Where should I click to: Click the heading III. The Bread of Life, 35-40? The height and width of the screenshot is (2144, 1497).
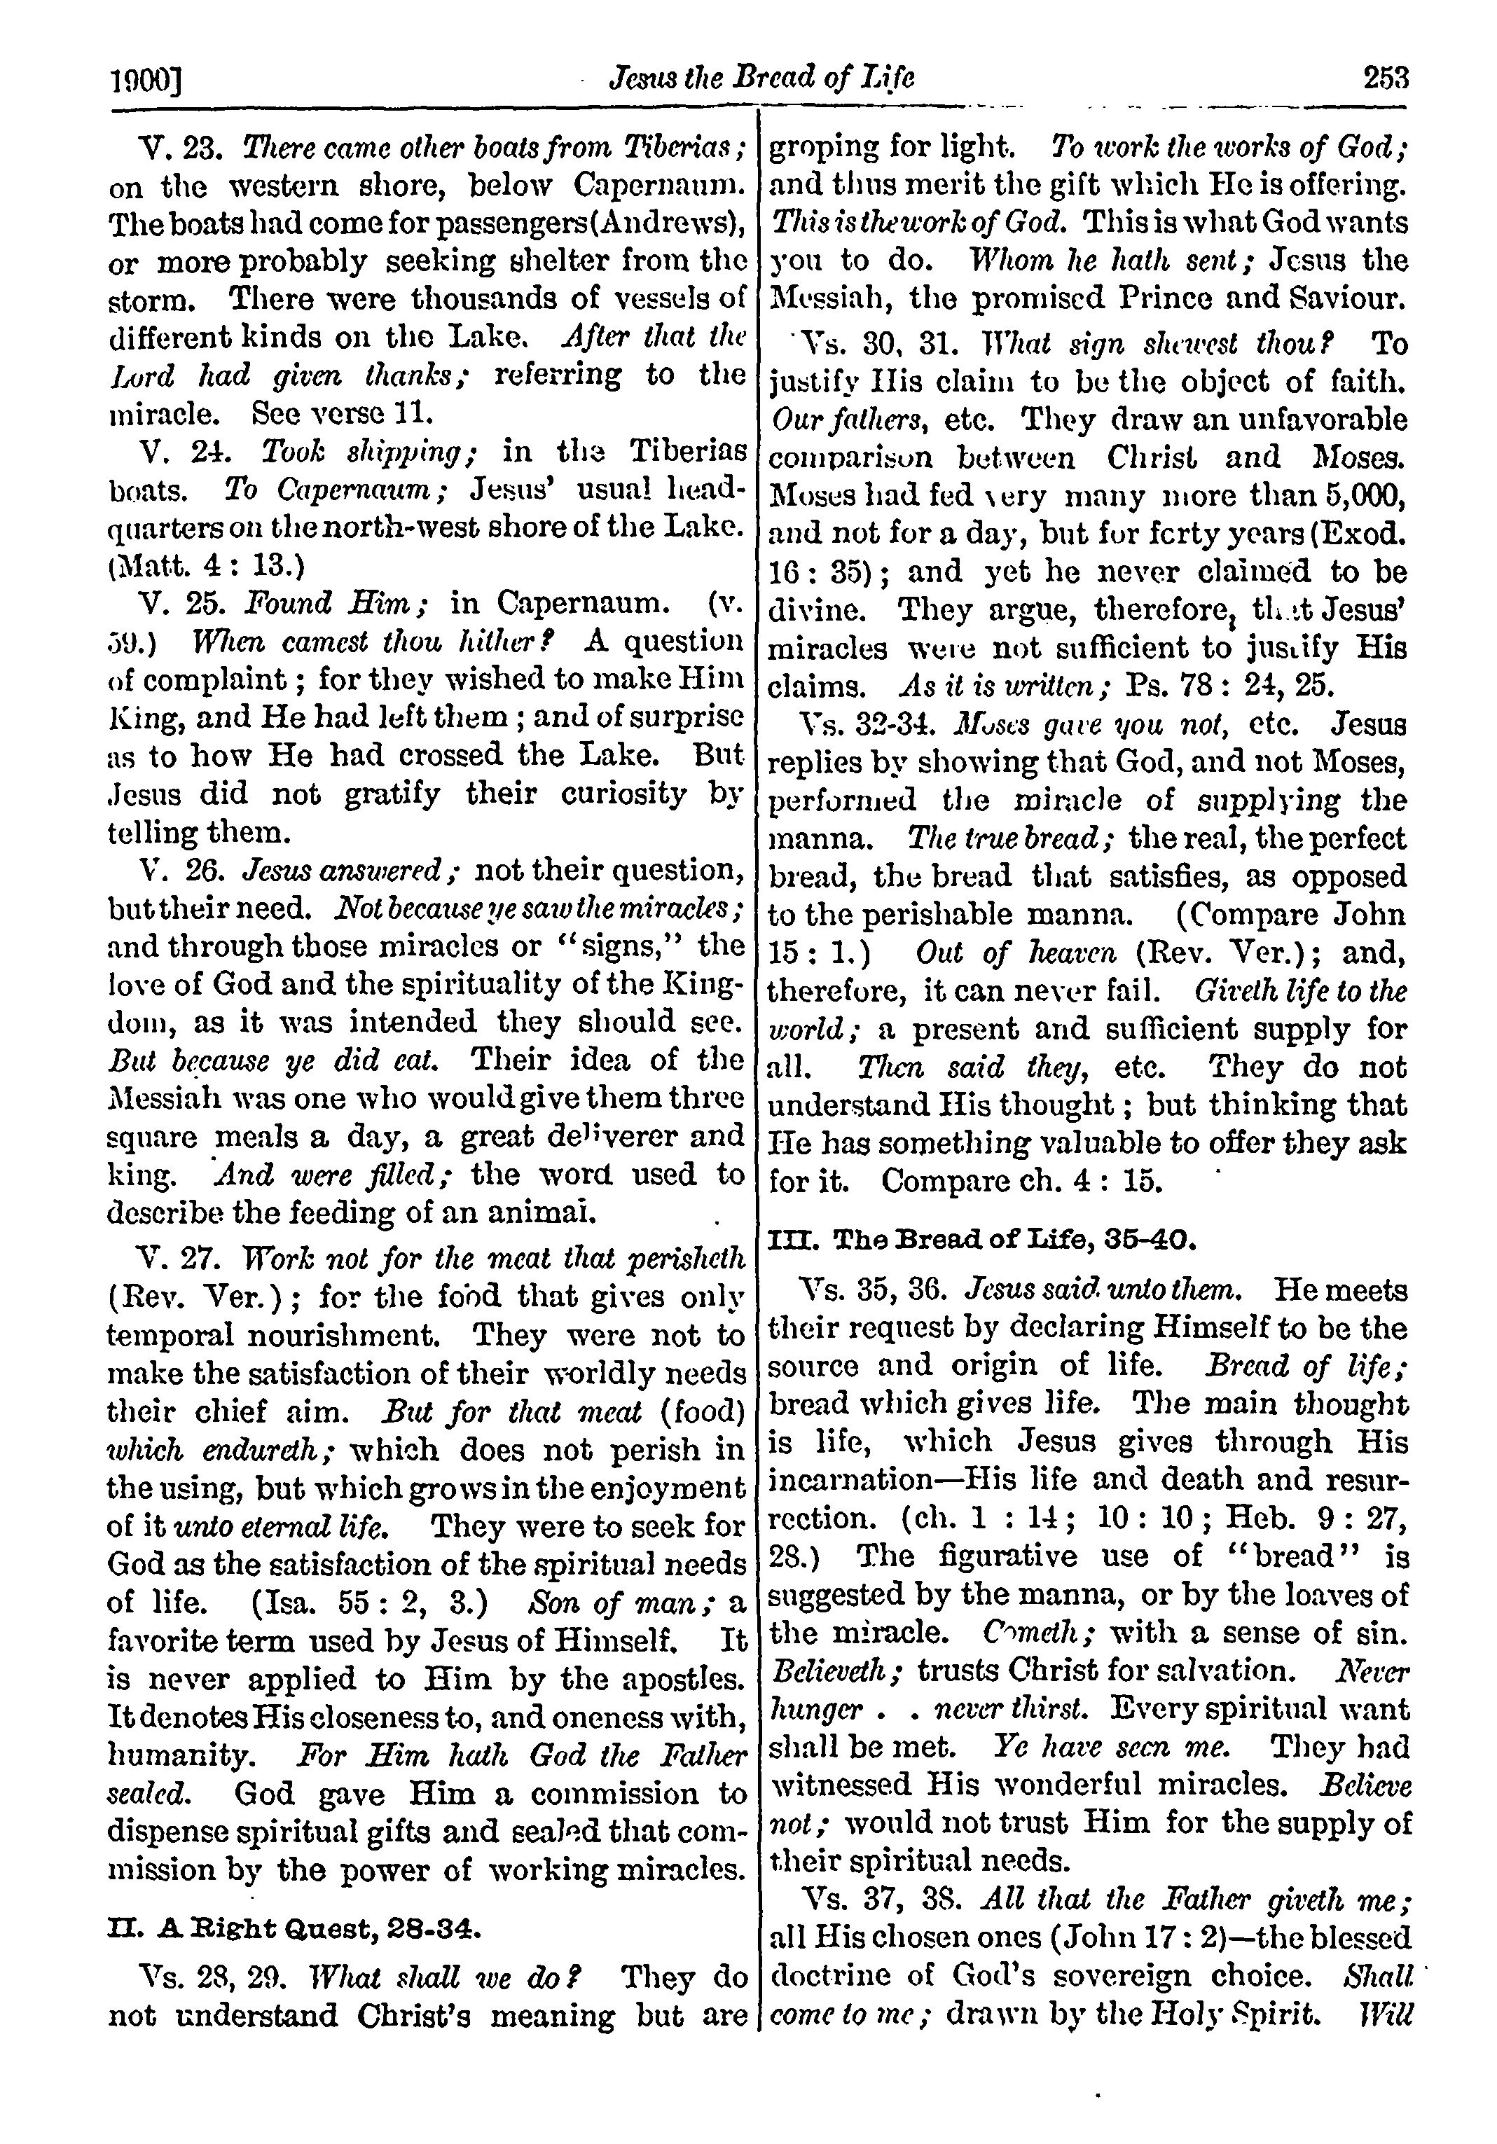[x=981, y=1240]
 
